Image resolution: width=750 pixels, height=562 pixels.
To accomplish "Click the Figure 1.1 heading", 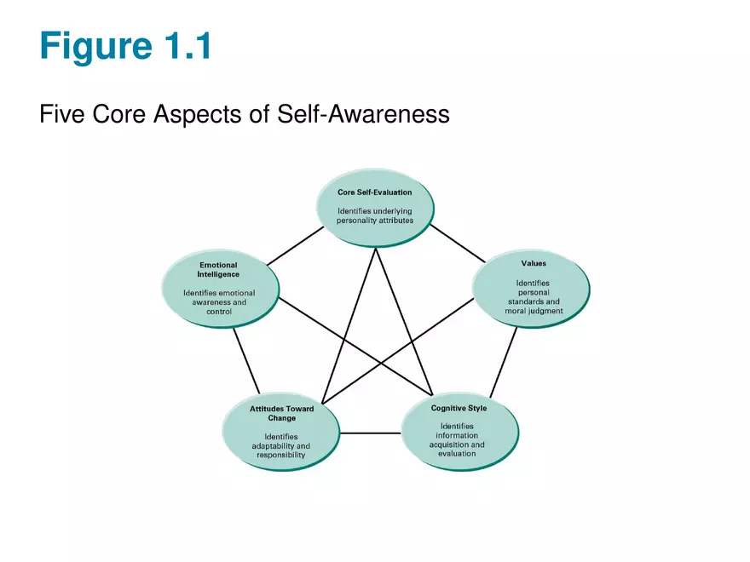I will [124, 46].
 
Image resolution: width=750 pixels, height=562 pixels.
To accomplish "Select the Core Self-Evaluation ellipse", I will [375, 208].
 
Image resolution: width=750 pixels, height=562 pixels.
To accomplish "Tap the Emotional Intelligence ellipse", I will [219, 287].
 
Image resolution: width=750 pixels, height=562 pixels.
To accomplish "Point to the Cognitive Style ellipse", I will [459, 431].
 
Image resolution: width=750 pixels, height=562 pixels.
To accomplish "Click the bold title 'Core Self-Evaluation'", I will [375, 192].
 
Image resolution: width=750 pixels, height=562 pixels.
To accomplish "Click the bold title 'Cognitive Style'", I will [459, 409].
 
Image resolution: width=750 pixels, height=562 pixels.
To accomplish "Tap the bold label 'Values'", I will [534, 263].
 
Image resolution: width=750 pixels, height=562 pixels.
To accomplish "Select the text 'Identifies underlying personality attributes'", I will [375, 215].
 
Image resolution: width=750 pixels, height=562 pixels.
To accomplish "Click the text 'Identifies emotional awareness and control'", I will [219, 302].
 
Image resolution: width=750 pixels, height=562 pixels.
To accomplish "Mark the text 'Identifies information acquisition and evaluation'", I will [459, 439].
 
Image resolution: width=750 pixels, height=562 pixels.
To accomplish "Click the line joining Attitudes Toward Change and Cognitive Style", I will [371, 433].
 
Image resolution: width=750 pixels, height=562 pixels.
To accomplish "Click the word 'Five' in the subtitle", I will [62, 113].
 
